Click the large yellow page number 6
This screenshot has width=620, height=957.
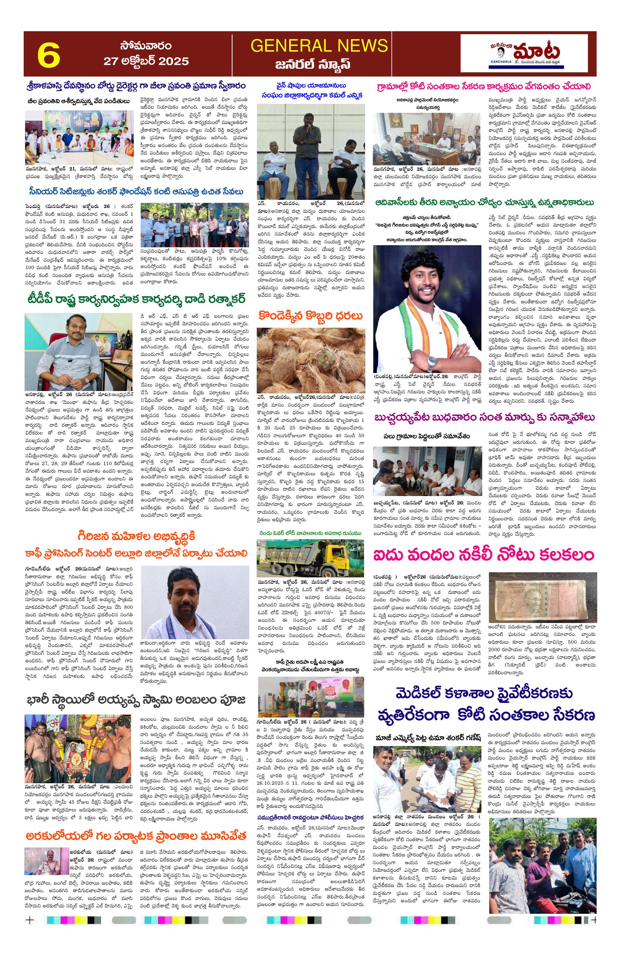49,55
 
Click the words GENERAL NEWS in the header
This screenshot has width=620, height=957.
319,46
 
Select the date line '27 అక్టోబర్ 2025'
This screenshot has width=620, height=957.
146,61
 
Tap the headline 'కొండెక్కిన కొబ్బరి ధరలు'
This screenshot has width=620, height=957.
311,316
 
